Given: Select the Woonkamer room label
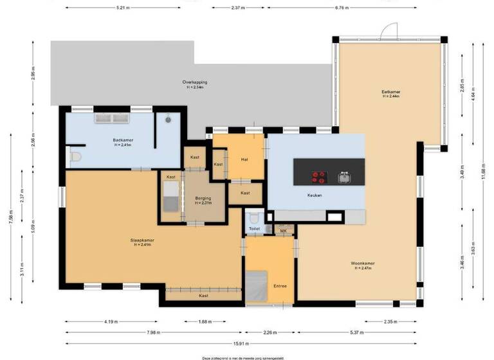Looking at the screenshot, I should click(363, 263).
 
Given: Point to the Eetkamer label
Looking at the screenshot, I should click(391, 92).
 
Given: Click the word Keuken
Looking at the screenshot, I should click(315, 195).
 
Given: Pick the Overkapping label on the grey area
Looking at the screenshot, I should click(194, 82).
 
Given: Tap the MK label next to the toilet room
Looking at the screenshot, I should click(283, 230).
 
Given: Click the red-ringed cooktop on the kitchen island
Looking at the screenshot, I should click(318, 176).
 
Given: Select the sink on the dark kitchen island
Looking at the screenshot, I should click(344, 175).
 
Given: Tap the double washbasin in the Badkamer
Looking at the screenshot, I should click(113, 118).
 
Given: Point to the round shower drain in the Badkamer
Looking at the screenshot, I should click(168, 119).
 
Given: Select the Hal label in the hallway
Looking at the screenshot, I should click(244, 159).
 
